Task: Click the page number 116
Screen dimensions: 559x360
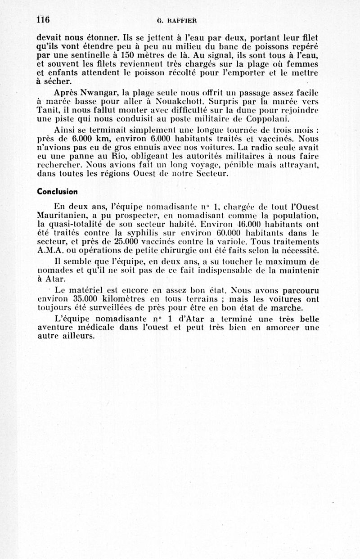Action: (43, 19)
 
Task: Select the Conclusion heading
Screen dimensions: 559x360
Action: (57, 191)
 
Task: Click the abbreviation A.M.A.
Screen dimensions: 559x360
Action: (49, 251)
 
